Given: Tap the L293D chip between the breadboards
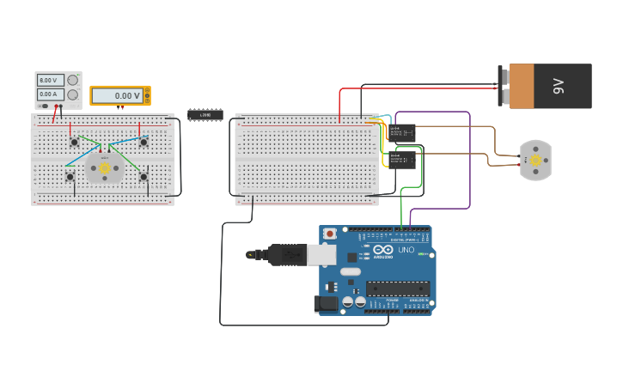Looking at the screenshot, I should click(x=205, y=114).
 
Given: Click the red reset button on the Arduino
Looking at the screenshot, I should click(x=329, y=233).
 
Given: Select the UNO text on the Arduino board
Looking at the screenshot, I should click(x=406, y=250).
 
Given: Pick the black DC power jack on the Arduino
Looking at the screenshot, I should click(x=327, y=302).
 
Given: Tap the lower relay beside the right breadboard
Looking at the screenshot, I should click(x=402, y=159).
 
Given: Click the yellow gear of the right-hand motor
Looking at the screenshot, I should click(x=535, y=160).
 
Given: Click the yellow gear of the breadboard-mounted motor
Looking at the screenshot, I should click(x=105, y=168).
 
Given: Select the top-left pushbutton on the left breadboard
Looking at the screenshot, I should click(x=75, y=142).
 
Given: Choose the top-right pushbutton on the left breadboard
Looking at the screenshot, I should click(x=144, y=142).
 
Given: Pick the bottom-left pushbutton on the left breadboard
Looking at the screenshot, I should click(x=70, y=177).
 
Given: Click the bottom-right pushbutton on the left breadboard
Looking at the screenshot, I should click(x=144, y=177).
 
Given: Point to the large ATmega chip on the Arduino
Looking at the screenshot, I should click(x=397, y=289).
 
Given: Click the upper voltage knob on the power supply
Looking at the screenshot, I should click(x=73, y=80).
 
